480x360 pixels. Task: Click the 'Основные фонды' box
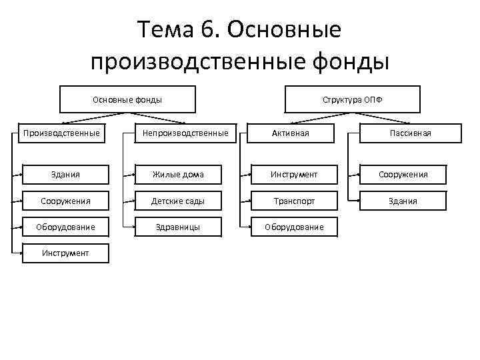pos(127,99)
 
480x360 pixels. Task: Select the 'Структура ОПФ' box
pos(353,99)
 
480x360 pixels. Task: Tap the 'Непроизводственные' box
pos(185,133)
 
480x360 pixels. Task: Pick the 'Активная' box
pos(295,133)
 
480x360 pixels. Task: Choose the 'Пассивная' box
pos(411,133)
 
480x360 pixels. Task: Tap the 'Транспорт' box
pos(294,201)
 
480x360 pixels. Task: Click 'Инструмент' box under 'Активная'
pos(294,175)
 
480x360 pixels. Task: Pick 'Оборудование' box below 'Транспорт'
pos(294,227)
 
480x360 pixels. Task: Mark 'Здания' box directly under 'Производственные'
pos(65,175)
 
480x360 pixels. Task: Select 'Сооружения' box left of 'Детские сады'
pos(65,201)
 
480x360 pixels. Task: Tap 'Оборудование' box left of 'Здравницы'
pos(65,227)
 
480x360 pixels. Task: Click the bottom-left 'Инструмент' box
pos(65,253)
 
